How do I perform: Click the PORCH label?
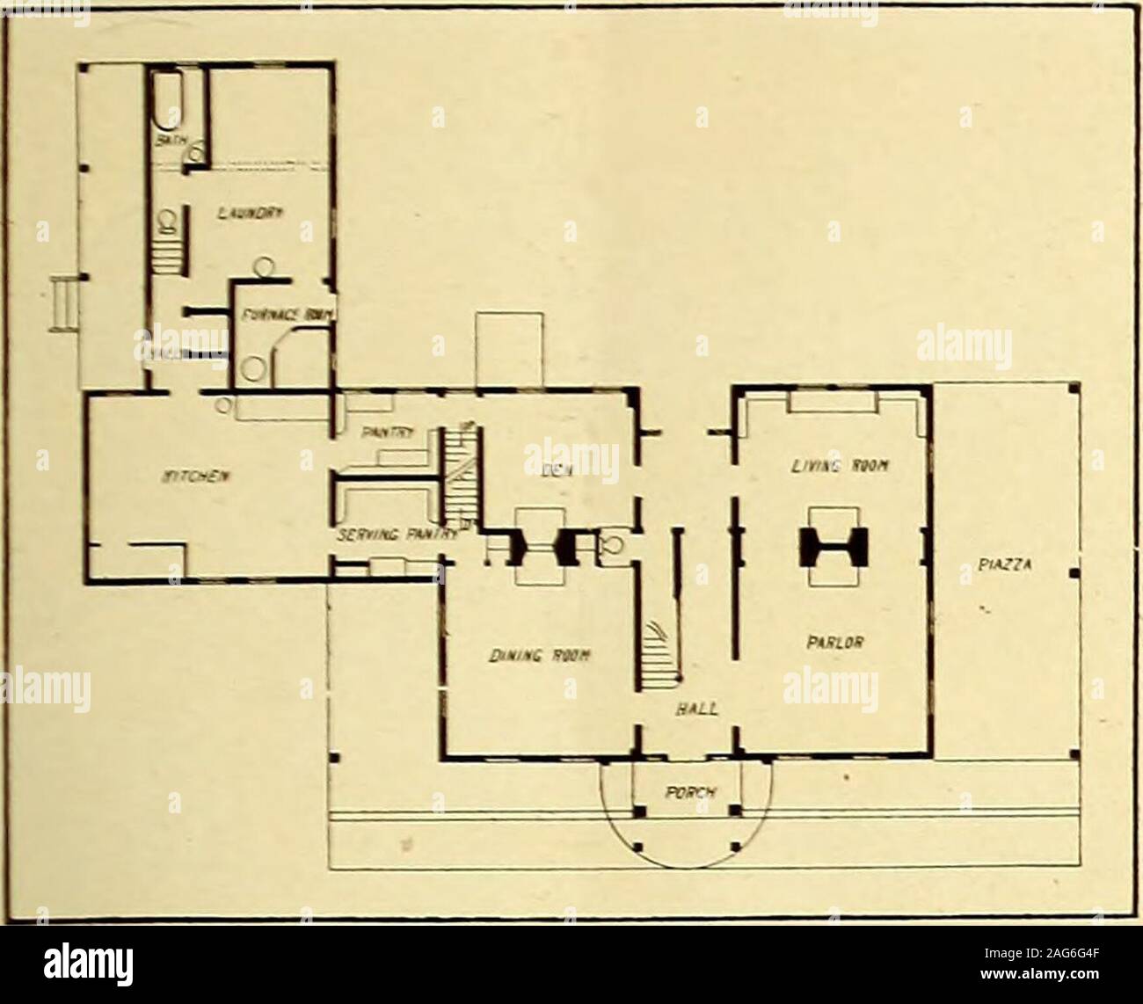click(x=688, y=789)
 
